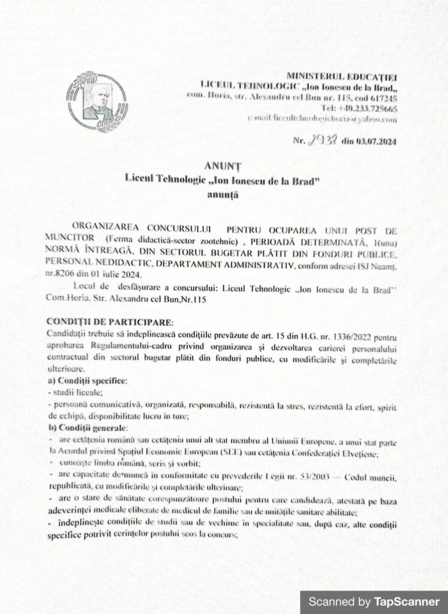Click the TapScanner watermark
[x=374, y=601]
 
